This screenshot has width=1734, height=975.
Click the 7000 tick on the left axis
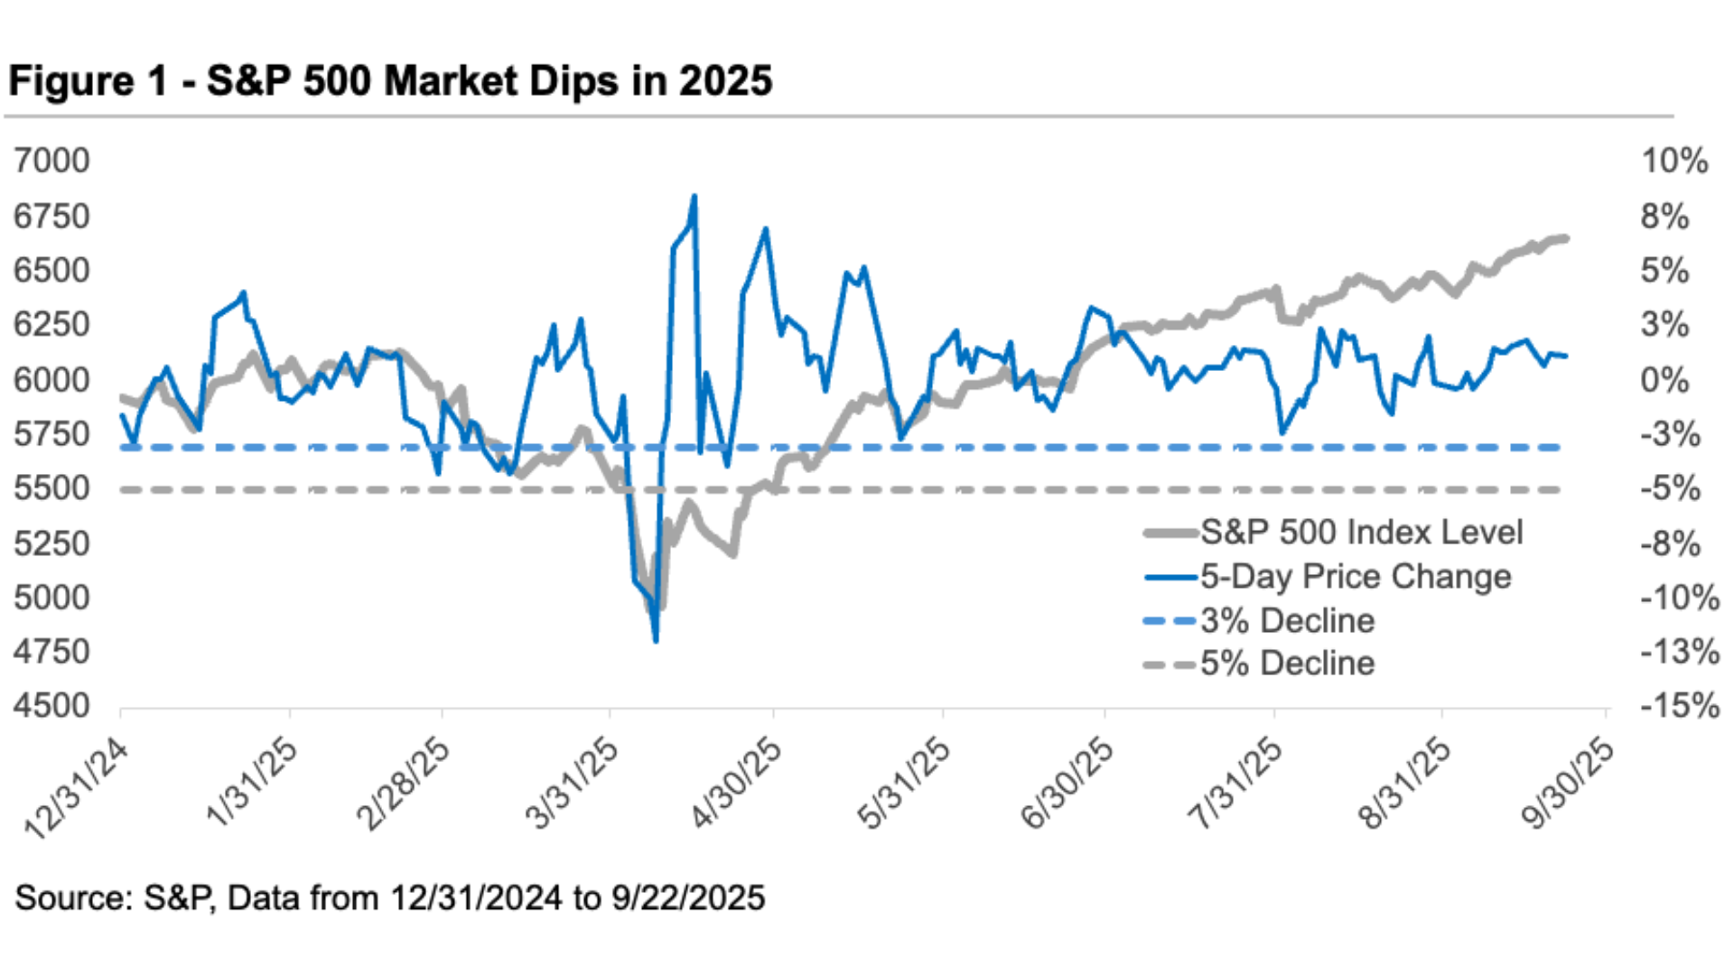click(51, 161)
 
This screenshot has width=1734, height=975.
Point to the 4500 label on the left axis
click(51, 705)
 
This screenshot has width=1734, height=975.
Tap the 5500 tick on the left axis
click(51, 488)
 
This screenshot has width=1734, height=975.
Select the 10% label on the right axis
click(1674, 161)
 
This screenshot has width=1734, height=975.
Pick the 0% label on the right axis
click(1664, 379)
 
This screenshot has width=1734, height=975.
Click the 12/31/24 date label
click(78, 787)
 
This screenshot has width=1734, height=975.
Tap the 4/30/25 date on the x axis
click(736, 782)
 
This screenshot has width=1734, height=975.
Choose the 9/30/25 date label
click(1567, 782)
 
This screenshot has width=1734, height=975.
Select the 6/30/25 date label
click(1067, 782)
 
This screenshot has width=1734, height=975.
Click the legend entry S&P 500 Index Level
click(1361, 532)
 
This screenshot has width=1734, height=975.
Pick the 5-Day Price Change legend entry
click(1355, 576)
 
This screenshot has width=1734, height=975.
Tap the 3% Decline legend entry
click(1287, 620)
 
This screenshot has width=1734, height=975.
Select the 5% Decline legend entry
click(1287, 664)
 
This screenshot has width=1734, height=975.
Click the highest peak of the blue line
click(694, 196)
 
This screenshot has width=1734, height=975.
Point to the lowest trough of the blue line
click(656, 641)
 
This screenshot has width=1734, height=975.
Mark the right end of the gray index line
click(1565, 238)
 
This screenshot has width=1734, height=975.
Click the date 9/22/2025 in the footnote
click(688, 898)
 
